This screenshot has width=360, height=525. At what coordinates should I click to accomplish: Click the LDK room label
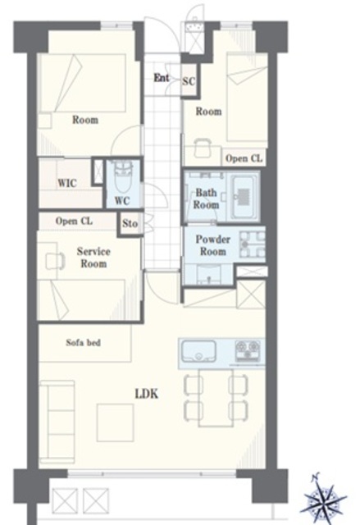(147, 394)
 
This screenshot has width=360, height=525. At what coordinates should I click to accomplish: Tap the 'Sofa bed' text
(84, 343)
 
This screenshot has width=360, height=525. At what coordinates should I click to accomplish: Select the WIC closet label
(67, 183)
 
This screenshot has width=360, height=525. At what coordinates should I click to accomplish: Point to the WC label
(122, 200)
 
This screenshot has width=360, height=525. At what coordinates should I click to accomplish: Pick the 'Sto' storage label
(130, 223)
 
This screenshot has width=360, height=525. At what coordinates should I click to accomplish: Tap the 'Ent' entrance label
(162, 78)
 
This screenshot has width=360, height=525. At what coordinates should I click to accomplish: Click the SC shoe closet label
(189, 81)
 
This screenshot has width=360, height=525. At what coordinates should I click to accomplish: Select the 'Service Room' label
(93, 258)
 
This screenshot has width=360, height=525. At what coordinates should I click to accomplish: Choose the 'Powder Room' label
(212, 245)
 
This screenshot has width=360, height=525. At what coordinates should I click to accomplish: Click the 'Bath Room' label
(206, 199)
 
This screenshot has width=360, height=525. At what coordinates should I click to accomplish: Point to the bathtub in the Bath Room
(244, 197)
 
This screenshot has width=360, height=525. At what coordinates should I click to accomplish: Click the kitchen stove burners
(248, 350)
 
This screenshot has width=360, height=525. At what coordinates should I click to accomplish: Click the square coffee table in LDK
(116, 422)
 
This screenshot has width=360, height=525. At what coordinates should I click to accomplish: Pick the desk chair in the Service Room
(55, 261)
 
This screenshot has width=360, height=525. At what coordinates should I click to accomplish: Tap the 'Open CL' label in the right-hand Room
(244, 158)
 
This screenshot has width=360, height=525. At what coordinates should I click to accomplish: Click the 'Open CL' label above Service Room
(74, 221)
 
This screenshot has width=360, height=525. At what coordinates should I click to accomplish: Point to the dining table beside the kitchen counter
(216, 397)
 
